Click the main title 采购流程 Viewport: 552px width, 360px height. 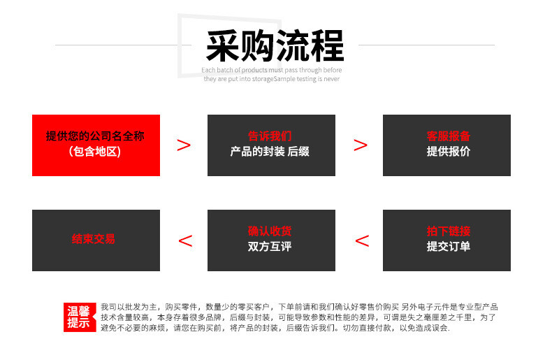tap(275, 46)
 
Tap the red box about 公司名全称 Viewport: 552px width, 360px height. tap(96, 145)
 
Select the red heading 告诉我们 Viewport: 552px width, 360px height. tap(270, 136)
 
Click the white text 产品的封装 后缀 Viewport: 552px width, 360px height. tap(270, 152)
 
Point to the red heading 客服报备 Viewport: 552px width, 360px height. tap(448, 136)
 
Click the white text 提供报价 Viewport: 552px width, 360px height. tap(448, 152)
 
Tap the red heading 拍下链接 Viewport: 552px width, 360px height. tap(448, 231)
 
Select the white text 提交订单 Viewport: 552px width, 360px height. tap(448, 246)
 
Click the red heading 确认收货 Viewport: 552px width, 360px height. tap(270, 231)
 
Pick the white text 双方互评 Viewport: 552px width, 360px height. tap(270, 246)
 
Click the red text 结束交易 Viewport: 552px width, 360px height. tap(94, 239)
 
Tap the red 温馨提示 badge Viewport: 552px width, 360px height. tap(80, 317)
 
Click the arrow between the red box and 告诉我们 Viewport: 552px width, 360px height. tap(183, 145)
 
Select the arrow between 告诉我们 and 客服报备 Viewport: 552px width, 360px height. tap(360, 145)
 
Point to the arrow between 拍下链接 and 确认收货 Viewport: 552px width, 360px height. tap(362, 241)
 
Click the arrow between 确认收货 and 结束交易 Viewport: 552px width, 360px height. tap(186, 241)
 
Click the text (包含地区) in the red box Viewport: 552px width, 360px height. tap(95, 152)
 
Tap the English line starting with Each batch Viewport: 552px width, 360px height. tap(271, 70)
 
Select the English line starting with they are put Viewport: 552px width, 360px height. tap(271, 79)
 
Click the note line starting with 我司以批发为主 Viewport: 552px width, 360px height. tap(299, 307)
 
